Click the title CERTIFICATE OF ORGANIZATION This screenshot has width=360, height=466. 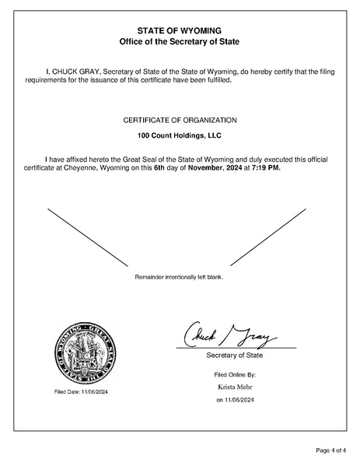[x=180, y=120]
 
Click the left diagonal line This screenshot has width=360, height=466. [x=87, y=238]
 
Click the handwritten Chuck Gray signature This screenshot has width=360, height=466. [x=229, y=337]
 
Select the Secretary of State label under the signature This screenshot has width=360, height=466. [x=235, y=356]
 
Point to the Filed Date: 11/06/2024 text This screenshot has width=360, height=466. [x=81, y=391]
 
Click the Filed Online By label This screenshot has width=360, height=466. [x=235, y=374]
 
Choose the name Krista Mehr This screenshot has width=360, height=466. [x=235, y=386]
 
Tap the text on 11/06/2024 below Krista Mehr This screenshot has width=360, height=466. [x=235, y=400]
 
